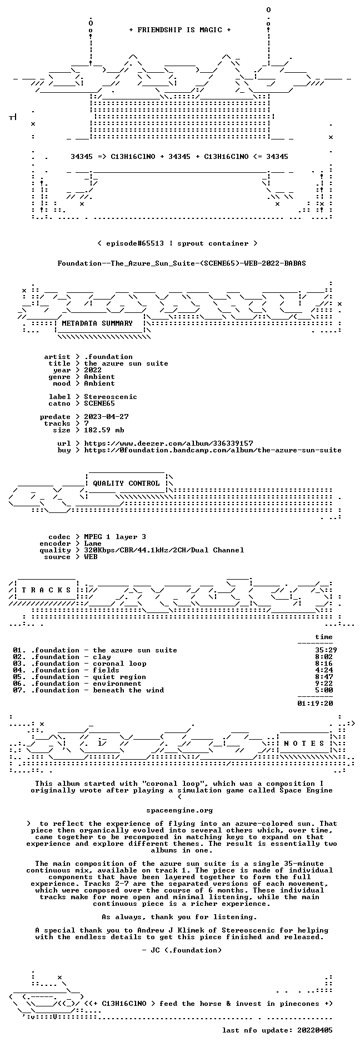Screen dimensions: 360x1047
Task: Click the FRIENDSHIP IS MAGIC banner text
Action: tap(179, 30)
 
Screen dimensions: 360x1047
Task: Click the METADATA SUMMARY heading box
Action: tap(97, 323)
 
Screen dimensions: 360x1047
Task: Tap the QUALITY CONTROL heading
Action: tap(126, 483)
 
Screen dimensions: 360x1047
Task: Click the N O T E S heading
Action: tap(304, 744)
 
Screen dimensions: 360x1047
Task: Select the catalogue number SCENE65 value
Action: tap(99, 403)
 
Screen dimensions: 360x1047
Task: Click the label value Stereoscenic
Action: tap(111, 397)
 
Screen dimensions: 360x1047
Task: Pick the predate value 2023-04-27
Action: tap(106, 417)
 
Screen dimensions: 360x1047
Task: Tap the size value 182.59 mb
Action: tap(104, 430)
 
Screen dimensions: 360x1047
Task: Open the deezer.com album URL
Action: tap(168, 443)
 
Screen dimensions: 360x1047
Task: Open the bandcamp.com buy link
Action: tap(213, 450)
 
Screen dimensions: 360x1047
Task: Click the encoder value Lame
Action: tap(93, 544)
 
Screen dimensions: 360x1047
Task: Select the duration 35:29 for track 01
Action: tap(326, 650)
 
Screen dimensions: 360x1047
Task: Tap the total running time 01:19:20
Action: tap(315, 704)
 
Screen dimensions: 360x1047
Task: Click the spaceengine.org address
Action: tap(179, 810)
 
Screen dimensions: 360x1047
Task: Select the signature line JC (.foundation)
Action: tap(182, 950)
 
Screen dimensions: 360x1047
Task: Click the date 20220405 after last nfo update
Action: tap(315, 1030)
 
